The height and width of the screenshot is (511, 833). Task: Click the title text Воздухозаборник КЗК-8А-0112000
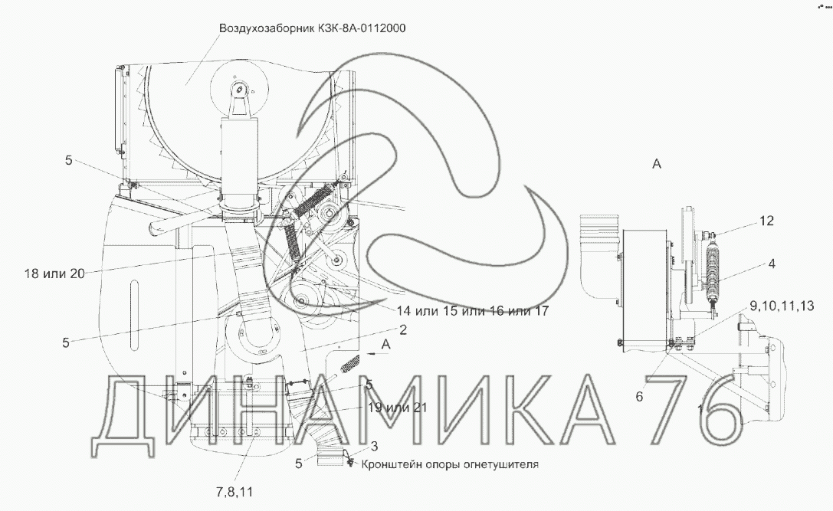[x=313, y=28]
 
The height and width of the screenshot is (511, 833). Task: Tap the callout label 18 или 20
[x=54, y=274]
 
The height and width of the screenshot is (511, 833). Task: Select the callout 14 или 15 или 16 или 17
[x=472, y=311]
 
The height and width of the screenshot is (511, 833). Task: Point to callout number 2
[x=403, y=330]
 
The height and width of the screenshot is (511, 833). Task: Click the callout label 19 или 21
[x=398, y=408]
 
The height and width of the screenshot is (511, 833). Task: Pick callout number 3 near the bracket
[x=374, y=446]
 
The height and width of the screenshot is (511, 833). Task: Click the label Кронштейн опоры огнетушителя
[x=450, y=464]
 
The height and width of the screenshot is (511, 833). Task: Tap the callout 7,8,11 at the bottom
[x=234, y=492]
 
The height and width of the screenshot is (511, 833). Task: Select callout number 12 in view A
[x=766, y=221]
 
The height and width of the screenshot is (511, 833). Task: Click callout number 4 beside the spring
[x=772, y=263]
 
